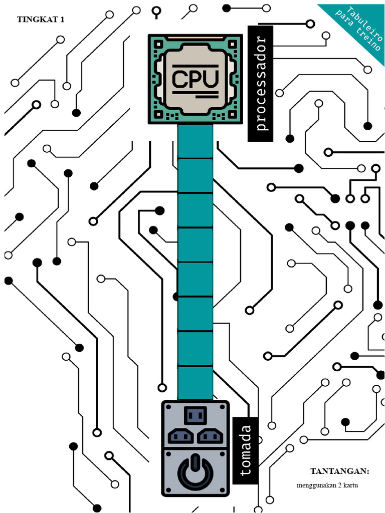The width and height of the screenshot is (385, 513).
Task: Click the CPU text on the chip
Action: pyautogui.click(x=195, y=79)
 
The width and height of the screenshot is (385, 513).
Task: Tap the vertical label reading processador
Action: pyautogui.click(x=261, y=84)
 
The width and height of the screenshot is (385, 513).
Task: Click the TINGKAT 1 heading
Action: pyautogui.click(x=41, y=20)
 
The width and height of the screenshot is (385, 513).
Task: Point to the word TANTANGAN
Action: pyautogui.click(x=340, y=471)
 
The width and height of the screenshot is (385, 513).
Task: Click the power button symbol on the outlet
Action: pyautogui.click(x=196, y=471)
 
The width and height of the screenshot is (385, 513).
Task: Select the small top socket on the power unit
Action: pyautogui.click(x=196, y=415)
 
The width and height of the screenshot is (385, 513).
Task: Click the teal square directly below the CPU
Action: pyautogui.click(x=196, y=141)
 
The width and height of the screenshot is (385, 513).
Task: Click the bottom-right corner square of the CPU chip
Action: pyautogui.click(x=233, y=114)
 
